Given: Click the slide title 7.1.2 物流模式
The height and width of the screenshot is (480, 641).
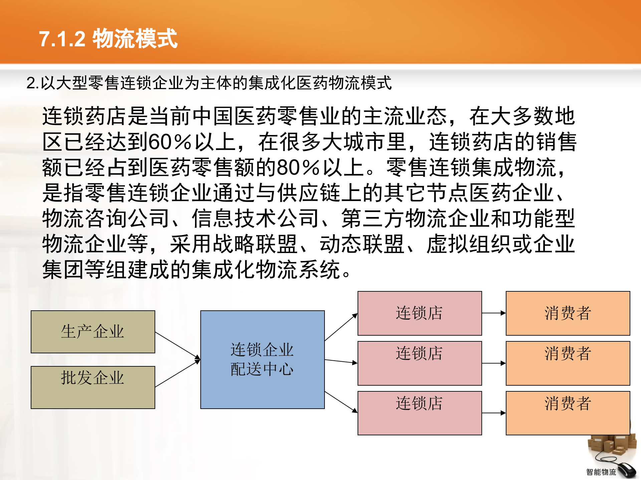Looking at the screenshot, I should point(108,39).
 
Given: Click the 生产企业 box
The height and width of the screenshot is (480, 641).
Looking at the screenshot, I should point(93,332).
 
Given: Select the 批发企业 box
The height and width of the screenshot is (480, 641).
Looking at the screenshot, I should point(93,387).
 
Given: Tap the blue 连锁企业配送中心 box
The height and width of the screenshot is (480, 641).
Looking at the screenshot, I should point(262,359).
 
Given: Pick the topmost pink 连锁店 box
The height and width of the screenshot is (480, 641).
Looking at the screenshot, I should point(420,313).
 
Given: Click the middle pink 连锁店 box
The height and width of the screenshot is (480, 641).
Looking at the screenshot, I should point(420,363).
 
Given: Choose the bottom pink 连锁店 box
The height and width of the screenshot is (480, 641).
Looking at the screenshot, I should point(420,413).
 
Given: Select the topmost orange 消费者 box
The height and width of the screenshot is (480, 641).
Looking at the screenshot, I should point(568,313).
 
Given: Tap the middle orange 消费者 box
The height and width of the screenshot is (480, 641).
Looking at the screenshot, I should point(568,363).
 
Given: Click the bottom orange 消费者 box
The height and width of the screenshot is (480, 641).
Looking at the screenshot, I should point(568,413).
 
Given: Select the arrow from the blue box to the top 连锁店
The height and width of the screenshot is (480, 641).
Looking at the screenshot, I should point(341,327).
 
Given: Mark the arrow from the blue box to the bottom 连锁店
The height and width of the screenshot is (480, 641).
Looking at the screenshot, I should point(341,402).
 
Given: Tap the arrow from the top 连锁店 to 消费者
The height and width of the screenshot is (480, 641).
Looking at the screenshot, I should point(494,313).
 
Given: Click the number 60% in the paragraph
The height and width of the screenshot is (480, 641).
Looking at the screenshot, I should point(170,142).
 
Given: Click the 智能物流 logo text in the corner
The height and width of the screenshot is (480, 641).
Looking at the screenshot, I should point(601,472).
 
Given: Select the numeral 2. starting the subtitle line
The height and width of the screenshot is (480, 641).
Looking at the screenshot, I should point(32,83).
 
